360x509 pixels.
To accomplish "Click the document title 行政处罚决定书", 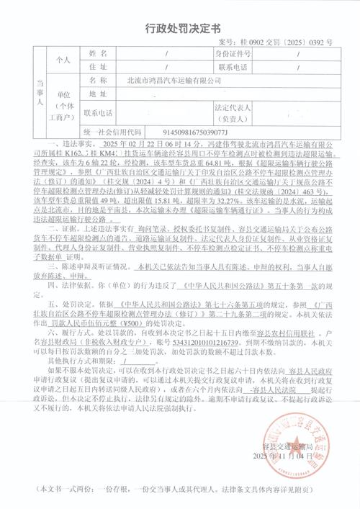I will [180, 28].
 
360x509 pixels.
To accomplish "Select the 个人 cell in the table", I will [63, 60].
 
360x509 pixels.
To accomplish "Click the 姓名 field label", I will [97, 54].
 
